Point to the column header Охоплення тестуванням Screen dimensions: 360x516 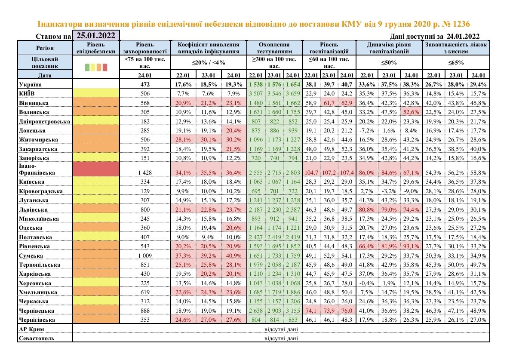[275, 47]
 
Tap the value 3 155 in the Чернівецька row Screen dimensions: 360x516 [293, 311]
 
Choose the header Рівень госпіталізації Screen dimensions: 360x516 [329, 47]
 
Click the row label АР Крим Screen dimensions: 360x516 [32, 329]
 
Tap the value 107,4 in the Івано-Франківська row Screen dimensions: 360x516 [347, 172]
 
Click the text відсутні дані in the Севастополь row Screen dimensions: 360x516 [281, 338]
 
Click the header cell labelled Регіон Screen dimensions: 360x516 [45, 47]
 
